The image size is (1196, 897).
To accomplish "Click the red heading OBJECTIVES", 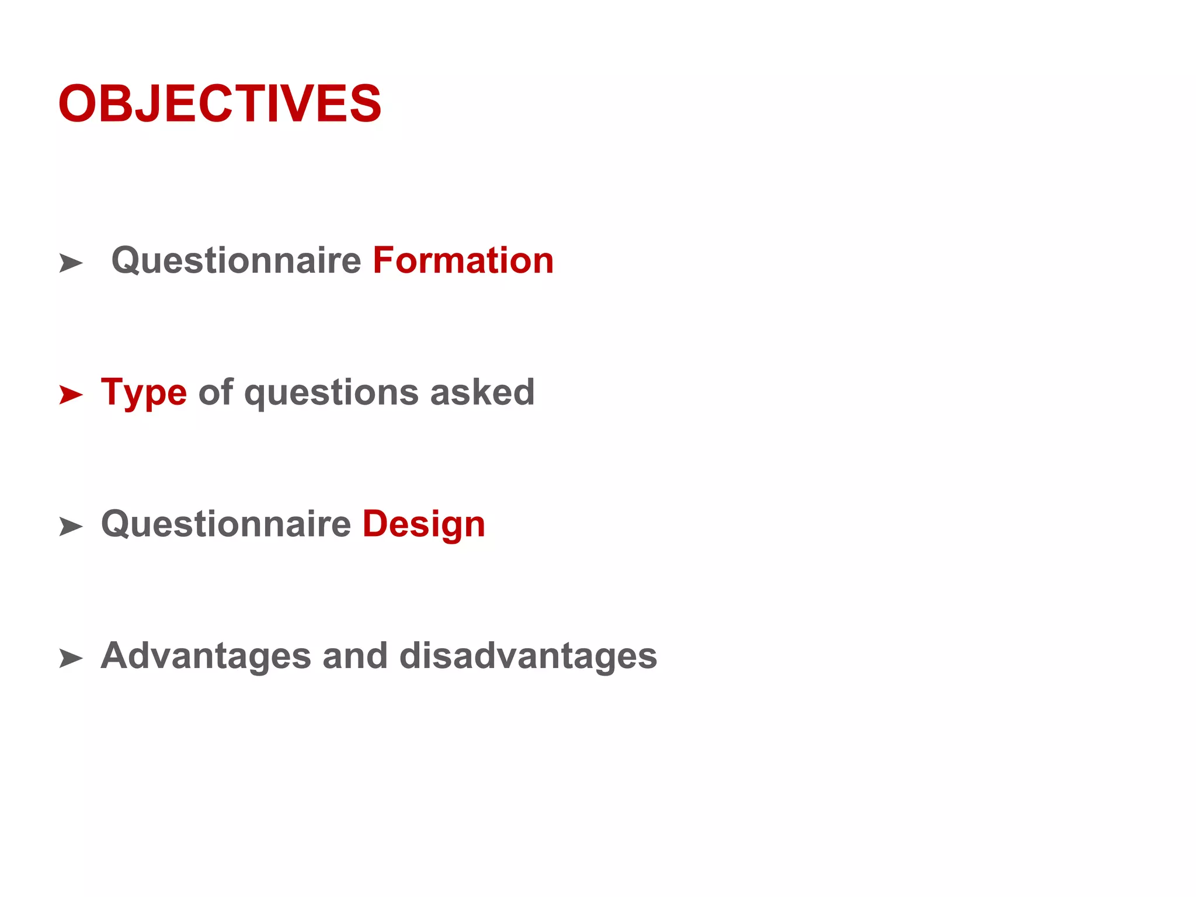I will pyautogui.click(x=220, y=104).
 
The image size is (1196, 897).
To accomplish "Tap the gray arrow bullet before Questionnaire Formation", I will pyautogui.click(x=71, y=263).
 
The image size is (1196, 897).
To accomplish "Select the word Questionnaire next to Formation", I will pyautogui.click(x=237, y=260).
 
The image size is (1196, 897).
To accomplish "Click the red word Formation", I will pyautogui.click(x=463, y=260).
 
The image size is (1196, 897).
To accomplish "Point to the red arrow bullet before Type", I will pyautogui.click(x=71, y=395).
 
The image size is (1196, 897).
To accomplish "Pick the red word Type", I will pyautogui.click(x=144, y=393).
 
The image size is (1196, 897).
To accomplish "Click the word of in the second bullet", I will pyautogui.click(x=215, y=392).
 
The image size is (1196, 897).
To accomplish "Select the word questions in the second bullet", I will pyautogui.click(x=331, y=393).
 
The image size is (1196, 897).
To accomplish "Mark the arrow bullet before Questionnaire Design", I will pyautogui.click(x=71, y=527).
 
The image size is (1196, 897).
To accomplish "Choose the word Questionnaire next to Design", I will pyautogui.click(x=226, y=524).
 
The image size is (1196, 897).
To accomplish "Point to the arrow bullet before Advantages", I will pyautogui.click(x=71, y=659).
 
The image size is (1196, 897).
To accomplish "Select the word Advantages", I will pyautogui.click(x=206, y=656).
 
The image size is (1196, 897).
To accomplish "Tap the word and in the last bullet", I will pyautogui.click(x=355, y=655).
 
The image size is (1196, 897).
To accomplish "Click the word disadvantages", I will pyautogui.click(x=529, y=656).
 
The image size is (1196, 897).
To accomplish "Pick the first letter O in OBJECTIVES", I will pyautogui.click(x=77, y=104).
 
